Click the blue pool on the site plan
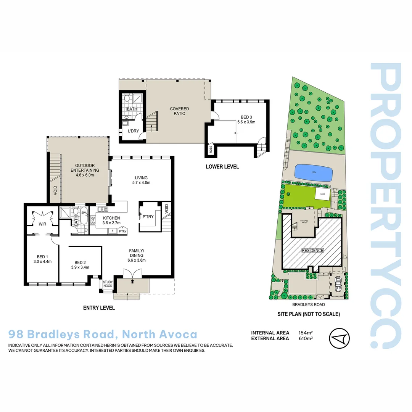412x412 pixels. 313,173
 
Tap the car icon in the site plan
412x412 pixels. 338,284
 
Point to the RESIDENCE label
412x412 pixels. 312,251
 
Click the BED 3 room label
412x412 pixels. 246,119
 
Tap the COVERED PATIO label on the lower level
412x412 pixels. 179,111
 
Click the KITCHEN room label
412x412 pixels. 111,220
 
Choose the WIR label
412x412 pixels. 42,224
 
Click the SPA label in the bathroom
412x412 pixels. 84,212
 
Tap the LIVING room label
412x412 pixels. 141,180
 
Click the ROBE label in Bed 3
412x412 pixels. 210,150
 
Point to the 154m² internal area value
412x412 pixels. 306,333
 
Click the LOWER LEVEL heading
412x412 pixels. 222,167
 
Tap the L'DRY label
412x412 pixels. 133,131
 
